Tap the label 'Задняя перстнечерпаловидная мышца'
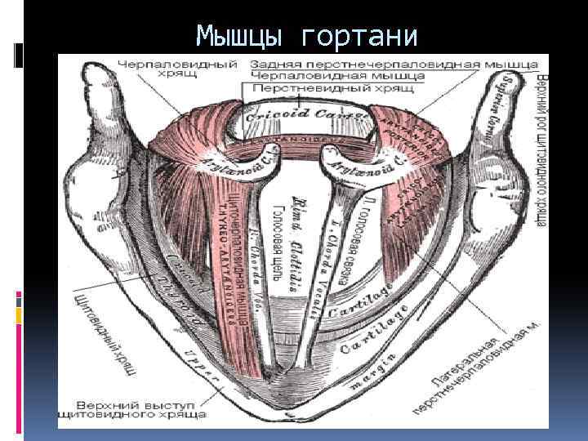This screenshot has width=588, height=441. (x=394, y=63)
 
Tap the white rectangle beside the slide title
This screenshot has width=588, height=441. (x=19, y=54)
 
